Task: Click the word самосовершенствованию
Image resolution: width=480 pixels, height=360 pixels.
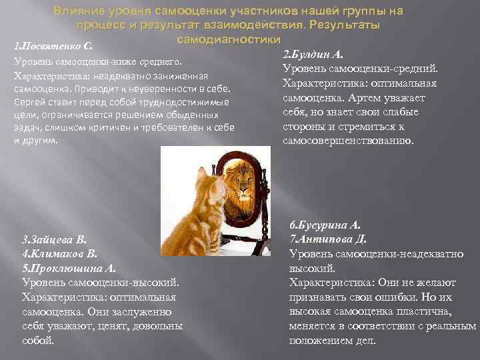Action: coord(349,141)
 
